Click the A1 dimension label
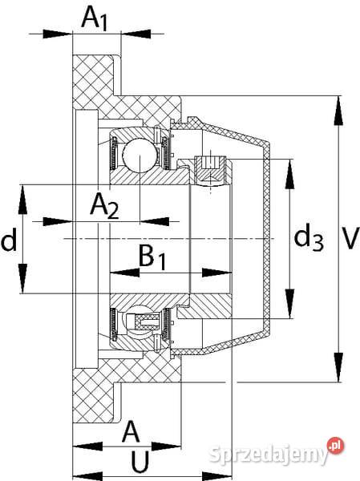[95, 18]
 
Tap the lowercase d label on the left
[10, 240]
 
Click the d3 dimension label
[309, 238]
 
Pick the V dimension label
[348, 238]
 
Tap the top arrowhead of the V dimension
[338, 103]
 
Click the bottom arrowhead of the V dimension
[338, 375]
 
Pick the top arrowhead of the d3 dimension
[288, 167]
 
